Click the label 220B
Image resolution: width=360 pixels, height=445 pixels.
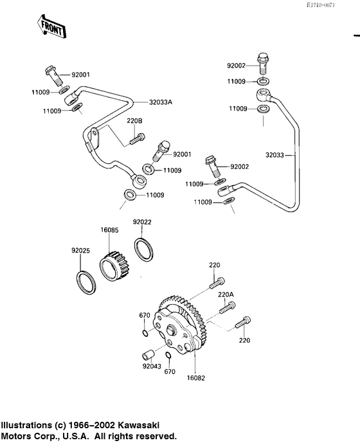pos(134,120)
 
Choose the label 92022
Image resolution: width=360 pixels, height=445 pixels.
pos(142,222)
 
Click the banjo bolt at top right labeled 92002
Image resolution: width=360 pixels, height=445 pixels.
pos(263,62)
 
